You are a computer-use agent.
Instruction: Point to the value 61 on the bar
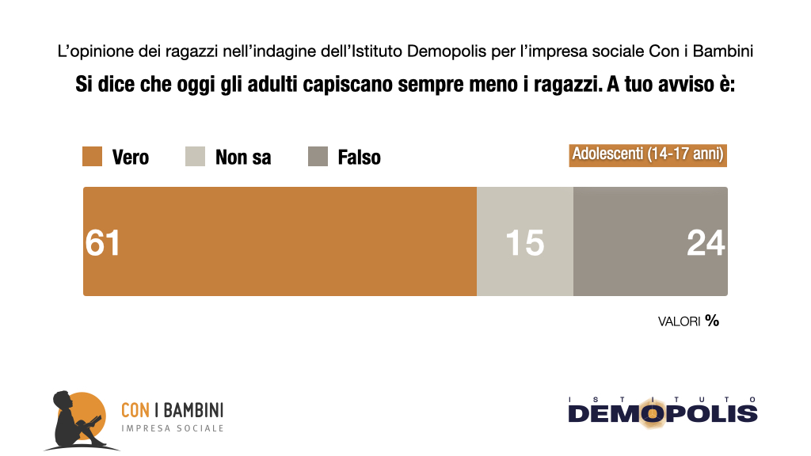[x=103, y=242]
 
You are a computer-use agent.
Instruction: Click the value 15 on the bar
[x=524, y=242]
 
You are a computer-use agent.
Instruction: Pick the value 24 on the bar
[x=706, y=242]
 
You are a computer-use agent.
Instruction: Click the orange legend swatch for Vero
[x=93, y=157]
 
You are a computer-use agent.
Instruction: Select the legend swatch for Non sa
[x=195, y=157]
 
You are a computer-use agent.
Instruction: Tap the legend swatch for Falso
[x=318, y=157]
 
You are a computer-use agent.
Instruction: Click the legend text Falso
[x=359, y=158]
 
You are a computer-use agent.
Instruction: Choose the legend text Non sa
[x=243, y=158]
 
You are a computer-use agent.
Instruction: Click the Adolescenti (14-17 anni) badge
[x=648, y=154]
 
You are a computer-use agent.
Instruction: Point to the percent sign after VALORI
[x=712, y=321]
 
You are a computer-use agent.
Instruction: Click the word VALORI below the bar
[x=679, y=321]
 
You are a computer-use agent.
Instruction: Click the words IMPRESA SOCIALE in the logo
[x=172, y=428]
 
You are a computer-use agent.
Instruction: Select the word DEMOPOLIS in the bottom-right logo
[x=663, y=413]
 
